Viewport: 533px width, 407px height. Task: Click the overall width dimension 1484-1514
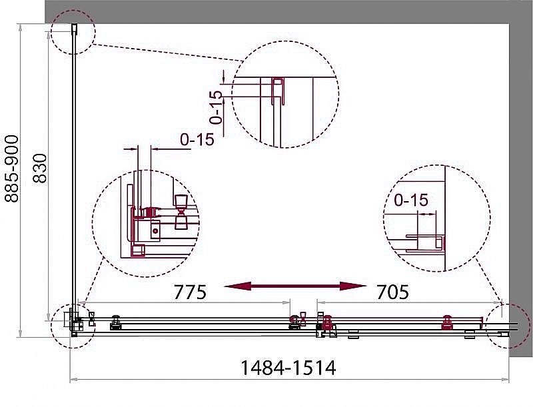tap(288, 368)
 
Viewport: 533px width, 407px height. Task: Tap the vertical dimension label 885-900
tap(11, 169)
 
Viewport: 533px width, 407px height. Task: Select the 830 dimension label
tap(40, 169)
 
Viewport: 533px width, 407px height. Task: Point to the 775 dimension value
tap(190, 292)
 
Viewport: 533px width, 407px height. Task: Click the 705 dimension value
tap(392, 292)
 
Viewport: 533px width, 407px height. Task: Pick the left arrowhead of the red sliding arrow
tap(237, 286)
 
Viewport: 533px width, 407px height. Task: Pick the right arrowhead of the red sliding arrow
tap(353, 286)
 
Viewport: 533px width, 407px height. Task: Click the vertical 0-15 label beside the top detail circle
tap(216, 107)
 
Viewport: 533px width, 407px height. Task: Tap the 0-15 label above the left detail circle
tap(197, 139)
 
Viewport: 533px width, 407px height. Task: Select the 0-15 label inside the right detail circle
tap(411, 200)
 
